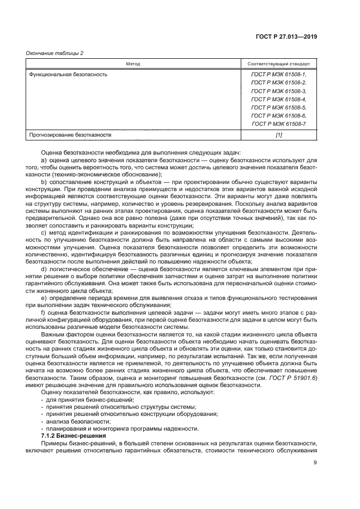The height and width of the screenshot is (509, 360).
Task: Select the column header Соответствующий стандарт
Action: pyautogui.click(x=278, y=64)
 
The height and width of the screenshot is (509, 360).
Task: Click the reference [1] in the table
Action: pyautogui.click(x=278, y=134)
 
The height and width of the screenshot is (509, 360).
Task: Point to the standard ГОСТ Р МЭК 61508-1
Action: pyautogui.click(x=278, y=74)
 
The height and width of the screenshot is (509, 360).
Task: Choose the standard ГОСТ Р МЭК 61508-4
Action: pyautogui.click(x=278, y=100)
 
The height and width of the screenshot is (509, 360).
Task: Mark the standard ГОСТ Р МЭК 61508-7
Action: pyautogui.click(x=278, y=125)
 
